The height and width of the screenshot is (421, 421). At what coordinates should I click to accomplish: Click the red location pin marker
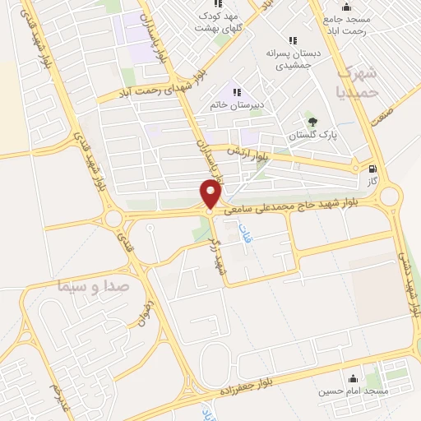click(210, 194)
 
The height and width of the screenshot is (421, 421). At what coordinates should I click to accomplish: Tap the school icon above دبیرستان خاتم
click(237, 92)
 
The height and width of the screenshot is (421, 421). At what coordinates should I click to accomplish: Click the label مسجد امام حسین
click(354, 392)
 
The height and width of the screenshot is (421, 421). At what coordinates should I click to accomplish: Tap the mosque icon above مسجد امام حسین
click(354, 379)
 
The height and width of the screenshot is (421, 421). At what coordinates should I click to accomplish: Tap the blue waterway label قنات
click(243, 238)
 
